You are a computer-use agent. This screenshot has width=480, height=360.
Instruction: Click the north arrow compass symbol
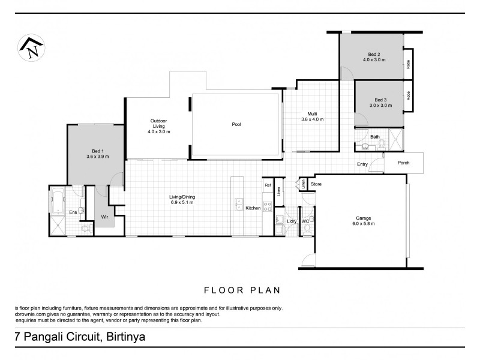coord(31,47)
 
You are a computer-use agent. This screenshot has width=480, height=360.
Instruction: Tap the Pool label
coord(236,125)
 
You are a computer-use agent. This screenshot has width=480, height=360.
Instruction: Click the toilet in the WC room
coord(306,229)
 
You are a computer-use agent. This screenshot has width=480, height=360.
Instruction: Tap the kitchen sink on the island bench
coord(238,202)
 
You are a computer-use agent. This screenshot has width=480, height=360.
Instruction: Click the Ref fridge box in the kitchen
coord(268,186)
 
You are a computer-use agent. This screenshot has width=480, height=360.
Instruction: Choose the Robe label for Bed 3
coord(409,95)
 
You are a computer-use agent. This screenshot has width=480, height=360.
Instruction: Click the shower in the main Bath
coord(395,139)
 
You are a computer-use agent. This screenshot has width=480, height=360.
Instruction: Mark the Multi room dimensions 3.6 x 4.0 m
coord(312,119)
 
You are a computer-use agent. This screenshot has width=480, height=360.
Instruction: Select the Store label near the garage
coord(316,184)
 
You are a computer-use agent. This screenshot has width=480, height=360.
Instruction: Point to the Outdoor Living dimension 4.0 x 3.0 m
coord(159,131)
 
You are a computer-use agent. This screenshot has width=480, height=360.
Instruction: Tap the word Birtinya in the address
coord(125,337)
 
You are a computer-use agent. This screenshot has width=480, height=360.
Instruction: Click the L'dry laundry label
coord(292,222)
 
